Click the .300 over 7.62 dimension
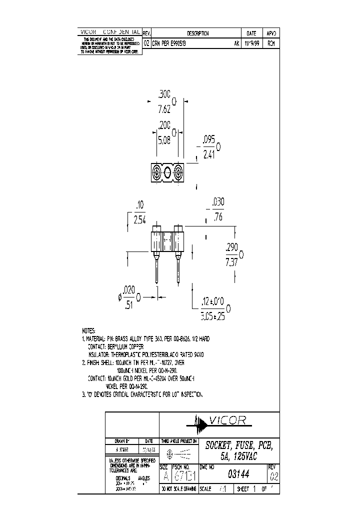tap(164, 101)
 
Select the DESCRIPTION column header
tap(198, 33)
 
